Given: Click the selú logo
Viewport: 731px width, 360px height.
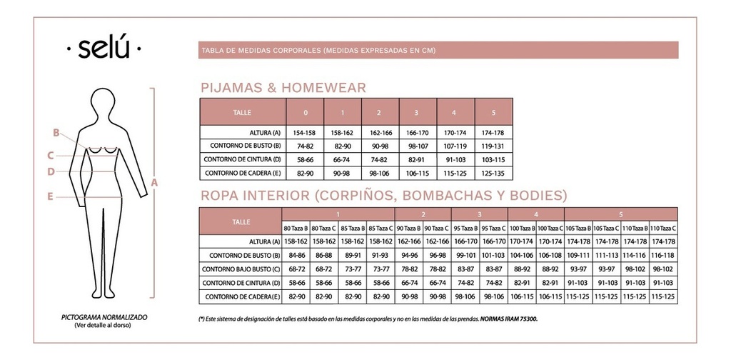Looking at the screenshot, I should click(x=104, y=50).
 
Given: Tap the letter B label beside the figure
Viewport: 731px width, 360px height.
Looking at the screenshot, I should click(x=55, y=132).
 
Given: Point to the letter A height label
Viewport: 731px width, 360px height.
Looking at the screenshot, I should click(x=154, y=183).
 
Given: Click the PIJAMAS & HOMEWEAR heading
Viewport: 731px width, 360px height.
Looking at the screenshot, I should click(x=283, y=88).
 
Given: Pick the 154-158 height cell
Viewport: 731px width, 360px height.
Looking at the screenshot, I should click(x=305, y=133).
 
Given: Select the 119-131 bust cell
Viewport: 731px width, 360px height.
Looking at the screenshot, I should click(x=493, y=146).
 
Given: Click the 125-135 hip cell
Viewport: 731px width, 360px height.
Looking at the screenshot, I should click(x=493, y=173).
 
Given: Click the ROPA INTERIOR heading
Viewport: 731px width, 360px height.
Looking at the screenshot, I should click(x=384, y=195).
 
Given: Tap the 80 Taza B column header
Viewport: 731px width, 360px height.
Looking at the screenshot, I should click(x=296, y=228).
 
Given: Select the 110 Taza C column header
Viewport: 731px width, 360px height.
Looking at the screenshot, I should click(x=663, y=228).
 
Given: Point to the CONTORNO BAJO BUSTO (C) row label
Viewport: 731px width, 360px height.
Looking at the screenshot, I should click(x=241, y=269).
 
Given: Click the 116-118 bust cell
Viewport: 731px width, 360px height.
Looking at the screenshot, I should click(x=663, y=255).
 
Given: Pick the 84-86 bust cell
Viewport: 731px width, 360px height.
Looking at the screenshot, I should click(x=296, y=255).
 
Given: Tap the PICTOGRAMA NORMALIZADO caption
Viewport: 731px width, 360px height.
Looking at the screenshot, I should click(x=104, y=316).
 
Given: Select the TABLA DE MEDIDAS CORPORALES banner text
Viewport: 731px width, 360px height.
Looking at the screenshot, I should click(x=318, y=51).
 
